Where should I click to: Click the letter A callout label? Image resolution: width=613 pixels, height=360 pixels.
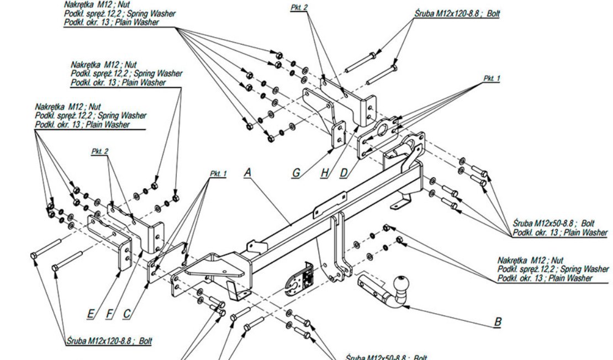click(x=247, y=173)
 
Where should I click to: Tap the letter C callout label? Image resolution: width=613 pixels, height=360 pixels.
click(x=127, y=314)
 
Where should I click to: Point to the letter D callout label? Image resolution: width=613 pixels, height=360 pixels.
click(x=344, y=173)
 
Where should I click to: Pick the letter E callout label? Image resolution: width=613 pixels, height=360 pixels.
click(x=91, y=314)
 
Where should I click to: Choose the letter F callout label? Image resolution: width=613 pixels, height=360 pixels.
click(x=109, y=314)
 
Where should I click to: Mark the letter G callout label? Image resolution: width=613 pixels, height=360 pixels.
click(x=297, y=173)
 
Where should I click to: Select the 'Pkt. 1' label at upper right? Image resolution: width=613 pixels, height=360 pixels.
click(x=492, y=78)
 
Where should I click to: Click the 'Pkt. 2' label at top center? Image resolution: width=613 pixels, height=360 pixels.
click(x=298, y=8)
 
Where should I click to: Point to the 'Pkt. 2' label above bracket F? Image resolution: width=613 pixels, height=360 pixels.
click(x=100, y=151)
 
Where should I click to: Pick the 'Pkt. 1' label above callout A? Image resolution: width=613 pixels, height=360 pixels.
click(x=218, y=174)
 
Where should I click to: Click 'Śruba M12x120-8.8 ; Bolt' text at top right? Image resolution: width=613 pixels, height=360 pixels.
click(x=457, y=12)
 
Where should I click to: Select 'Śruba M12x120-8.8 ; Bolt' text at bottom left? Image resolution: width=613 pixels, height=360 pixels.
click(x=109, y=341)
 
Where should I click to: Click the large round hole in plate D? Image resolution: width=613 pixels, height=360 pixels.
click(x=381, y=131)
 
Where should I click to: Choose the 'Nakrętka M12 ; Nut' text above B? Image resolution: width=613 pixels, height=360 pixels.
click(x=530, y=260)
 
